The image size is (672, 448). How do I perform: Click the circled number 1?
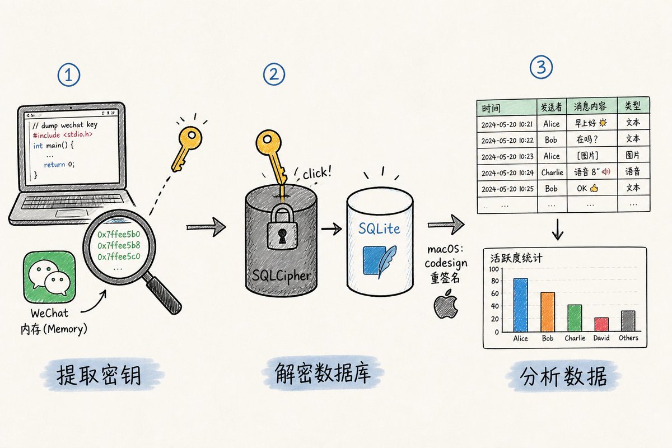[x=69, y=74]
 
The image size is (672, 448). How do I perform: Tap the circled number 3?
[x=541, y=67]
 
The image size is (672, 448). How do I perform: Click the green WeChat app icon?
[x=49, y=277]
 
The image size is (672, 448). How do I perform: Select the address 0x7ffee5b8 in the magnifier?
[x=119, y=245]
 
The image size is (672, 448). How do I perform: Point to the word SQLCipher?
[x=281, y=276]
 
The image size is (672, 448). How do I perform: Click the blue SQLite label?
[x=379, y=228]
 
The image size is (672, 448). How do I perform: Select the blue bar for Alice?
[x=520, y=305]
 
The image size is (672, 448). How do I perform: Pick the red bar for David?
[x=601, y=325]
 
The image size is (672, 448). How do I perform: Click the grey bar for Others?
[x=628, y=321]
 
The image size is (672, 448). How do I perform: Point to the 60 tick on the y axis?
[x=494, y=293]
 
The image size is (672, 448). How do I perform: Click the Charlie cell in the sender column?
[x=552, y=172]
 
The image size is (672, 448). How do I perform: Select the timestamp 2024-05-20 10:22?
[x=507, y=141]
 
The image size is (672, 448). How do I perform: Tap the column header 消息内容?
[x=590, y=106]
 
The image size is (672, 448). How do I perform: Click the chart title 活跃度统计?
[x=516, y=258]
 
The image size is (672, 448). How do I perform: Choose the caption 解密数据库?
[x=323, y=374]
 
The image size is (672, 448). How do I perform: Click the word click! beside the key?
[x=317, y=172]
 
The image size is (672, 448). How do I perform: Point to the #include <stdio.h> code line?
[x=62, y=135]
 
